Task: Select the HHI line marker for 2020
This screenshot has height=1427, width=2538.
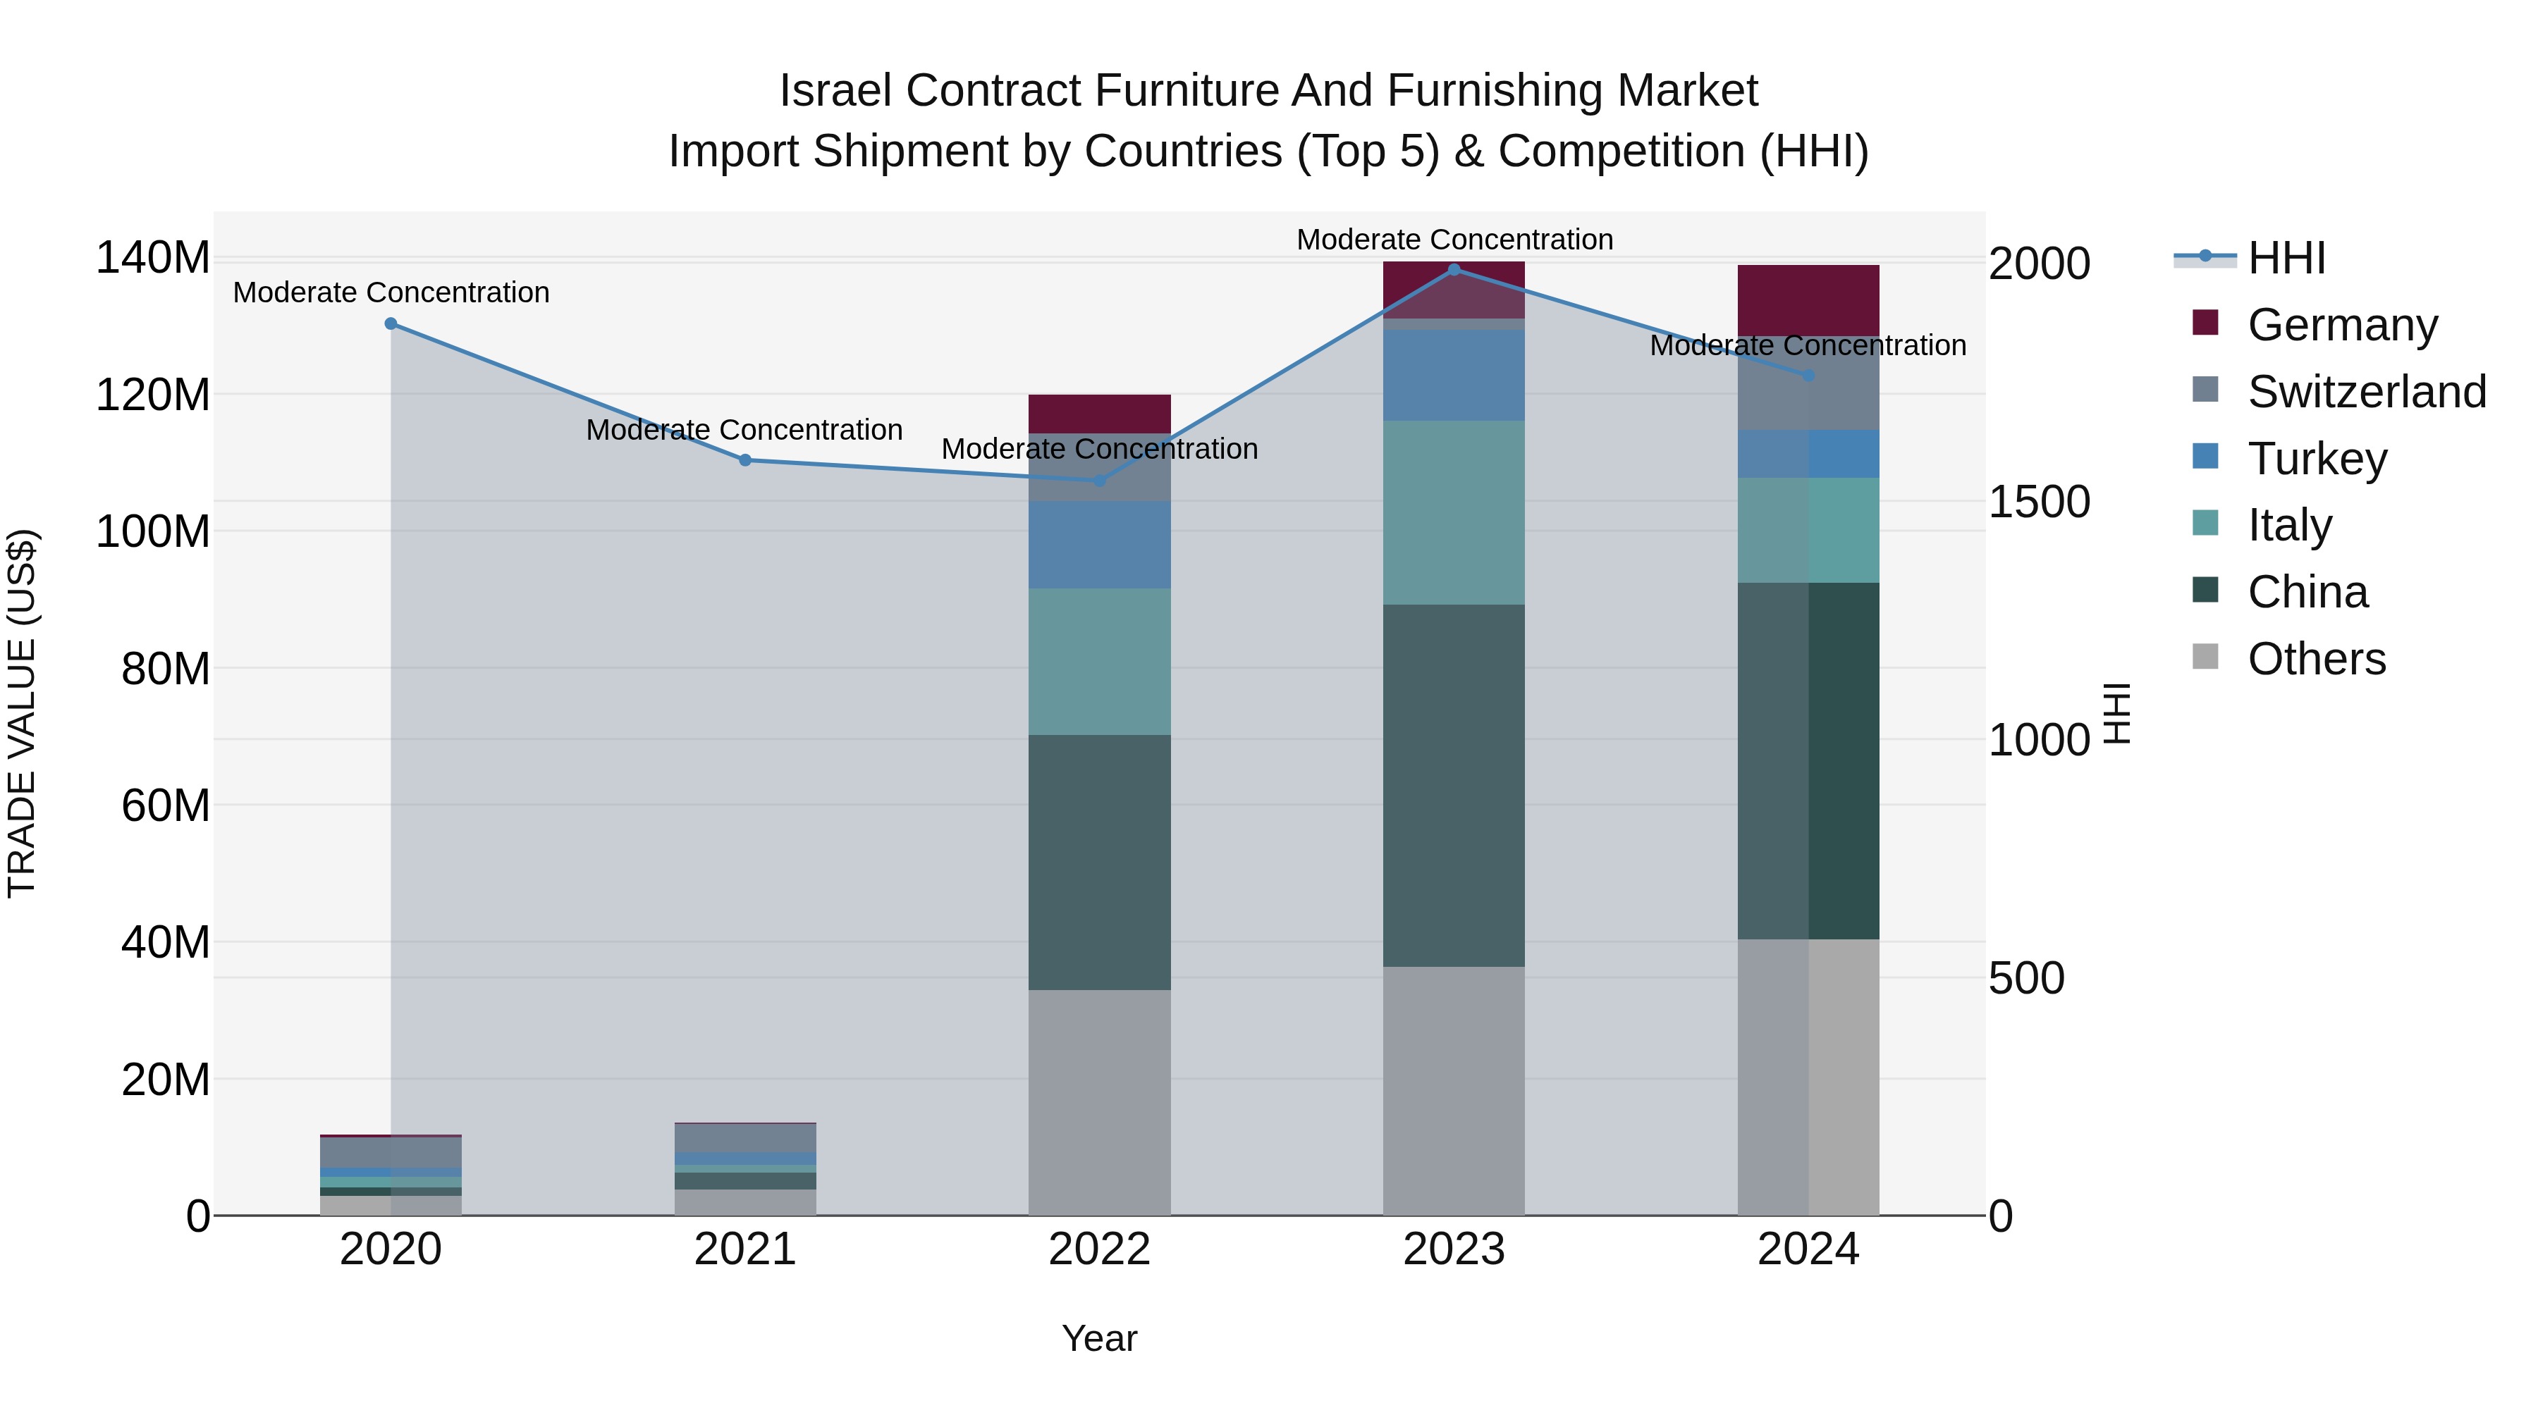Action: (x=391, y=324)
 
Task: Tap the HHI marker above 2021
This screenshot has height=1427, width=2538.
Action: (x=745, y=460)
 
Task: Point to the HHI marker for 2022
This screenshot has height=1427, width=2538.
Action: (x=1100, y=481)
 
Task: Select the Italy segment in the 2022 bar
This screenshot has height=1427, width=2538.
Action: (x=1100, y=662)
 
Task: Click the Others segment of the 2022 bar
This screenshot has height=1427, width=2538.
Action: (x=1100, y=1102)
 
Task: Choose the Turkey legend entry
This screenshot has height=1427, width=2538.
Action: (x=2317, y=459)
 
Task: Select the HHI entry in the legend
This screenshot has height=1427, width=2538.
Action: (x=2286, y=258)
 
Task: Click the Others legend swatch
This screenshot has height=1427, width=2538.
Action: (x=2205, y=657)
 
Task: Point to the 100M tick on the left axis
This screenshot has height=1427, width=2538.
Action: (x=153, y=532)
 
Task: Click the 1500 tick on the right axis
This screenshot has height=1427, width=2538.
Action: (x=2038, y=502)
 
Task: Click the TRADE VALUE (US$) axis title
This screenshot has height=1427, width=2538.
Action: (x=23, y=713)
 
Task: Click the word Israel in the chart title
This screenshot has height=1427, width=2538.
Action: (x=838, y=92)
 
